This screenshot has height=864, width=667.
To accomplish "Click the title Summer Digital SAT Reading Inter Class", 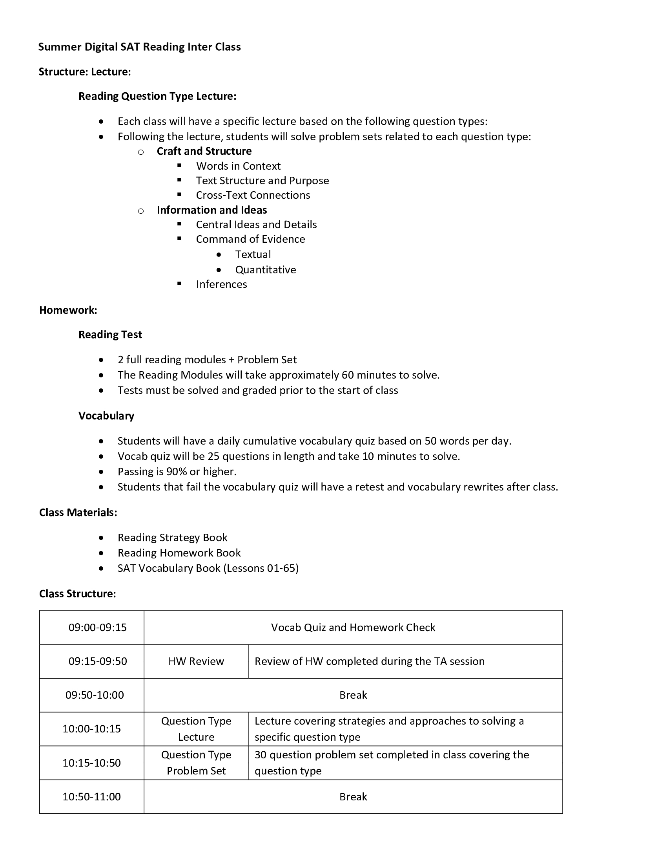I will (139, 47).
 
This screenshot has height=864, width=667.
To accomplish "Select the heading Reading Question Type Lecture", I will (157, 96).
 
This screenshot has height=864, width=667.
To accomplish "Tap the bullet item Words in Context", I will (238, 166).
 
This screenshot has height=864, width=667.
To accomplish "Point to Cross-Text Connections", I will (253, 195).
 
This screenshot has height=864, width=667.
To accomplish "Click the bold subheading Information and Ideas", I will (212, 210).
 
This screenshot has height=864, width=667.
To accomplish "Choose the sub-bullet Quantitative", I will (266, 270).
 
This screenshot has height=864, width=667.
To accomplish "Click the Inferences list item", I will (221, 284).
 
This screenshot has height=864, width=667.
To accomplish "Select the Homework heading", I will (68, 310).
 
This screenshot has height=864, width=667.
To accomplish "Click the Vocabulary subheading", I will (106, 416).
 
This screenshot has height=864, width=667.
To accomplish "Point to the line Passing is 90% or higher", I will (177, 472).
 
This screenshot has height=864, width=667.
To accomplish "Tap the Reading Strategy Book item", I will (172, 538).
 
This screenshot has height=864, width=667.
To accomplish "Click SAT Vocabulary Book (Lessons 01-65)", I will (208, 568).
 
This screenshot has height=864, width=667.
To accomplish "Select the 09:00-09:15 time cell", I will (98, 628).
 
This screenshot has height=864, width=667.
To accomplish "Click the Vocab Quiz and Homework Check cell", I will (353, 628).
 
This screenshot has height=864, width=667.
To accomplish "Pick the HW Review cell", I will (196, 661).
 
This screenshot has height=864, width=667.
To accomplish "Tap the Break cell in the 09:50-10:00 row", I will (353, 695).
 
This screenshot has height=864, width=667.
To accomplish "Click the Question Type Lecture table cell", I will (196, 729).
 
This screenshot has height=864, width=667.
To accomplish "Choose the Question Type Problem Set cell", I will (196, 763).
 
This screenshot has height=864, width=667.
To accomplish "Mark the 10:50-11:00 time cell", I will (92, 797).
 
